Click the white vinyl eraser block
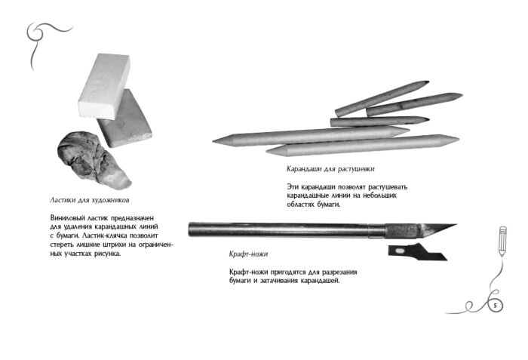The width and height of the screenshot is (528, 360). tap(104, 86)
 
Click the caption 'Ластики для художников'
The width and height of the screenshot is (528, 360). tap(90, 200)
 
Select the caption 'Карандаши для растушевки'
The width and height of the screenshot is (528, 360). tap(330, 169)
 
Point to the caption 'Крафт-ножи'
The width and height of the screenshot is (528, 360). tap(248, 254)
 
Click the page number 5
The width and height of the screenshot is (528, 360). tap(495, 306)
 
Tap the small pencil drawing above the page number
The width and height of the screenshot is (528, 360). tap(502, 241)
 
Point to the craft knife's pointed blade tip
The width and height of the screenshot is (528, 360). tap(456, 224)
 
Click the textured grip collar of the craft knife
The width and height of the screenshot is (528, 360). tap(402, 230)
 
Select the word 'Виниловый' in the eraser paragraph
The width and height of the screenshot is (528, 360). tap(66, 218)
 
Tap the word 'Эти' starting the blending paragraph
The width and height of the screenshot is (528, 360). tap(293, 186)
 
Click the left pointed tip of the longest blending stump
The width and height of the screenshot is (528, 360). tap(213, 141)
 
